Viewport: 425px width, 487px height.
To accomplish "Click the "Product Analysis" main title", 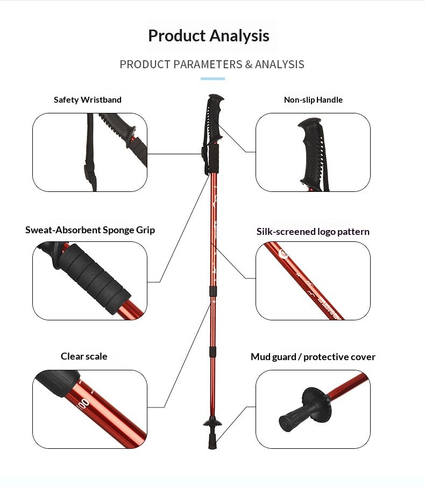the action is tap(209, 35).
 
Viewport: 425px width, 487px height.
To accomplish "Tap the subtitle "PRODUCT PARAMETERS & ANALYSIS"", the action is tap(212, 65).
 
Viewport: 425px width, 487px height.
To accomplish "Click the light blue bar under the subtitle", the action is tap(212, 79).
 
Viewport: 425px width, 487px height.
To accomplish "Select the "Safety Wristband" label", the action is tap(87, 99).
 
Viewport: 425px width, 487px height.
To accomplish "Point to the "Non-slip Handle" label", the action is tap(313, 99).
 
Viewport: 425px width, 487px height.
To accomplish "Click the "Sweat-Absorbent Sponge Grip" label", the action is tap(90, 230).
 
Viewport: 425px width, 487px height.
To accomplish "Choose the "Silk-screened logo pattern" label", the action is tap(313, 232).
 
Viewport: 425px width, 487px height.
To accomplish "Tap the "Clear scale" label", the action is tap(84, 356).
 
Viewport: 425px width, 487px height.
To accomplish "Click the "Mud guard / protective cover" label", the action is tap(313, 357).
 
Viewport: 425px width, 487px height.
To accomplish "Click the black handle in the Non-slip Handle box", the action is tap(311, 152).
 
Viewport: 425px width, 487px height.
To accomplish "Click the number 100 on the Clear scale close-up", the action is tap(83, 404).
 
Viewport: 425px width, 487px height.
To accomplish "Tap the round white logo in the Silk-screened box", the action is tap(284, 254).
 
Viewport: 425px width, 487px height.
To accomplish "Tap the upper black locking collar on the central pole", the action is tap(213, 291).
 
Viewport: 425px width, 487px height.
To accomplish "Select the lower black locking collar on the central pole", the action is tap(213, 352).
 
